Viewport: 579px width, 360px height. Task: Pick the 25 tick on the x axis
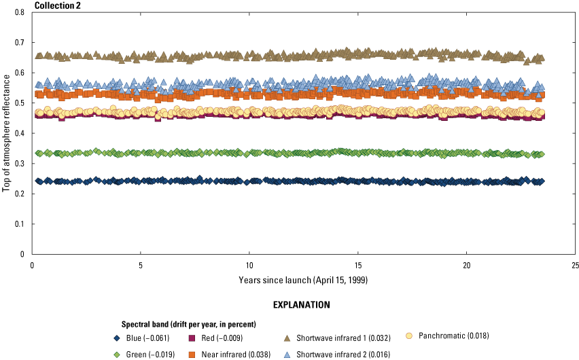pyautogui.click(x=575, y=265)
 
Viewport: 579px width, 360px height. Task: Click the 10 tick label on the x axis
pyautogui.click(x=249, y=265)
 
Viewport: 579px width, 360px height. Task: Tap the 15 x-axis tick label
pyautogui.click(x=357, y=265)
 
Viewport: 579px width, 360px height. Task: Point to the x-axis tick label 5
pyautogui.click(x=141, y=265)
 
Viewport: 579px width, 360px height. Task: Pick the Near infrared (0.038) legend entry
pyautogui.click(x=232, y=353)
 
